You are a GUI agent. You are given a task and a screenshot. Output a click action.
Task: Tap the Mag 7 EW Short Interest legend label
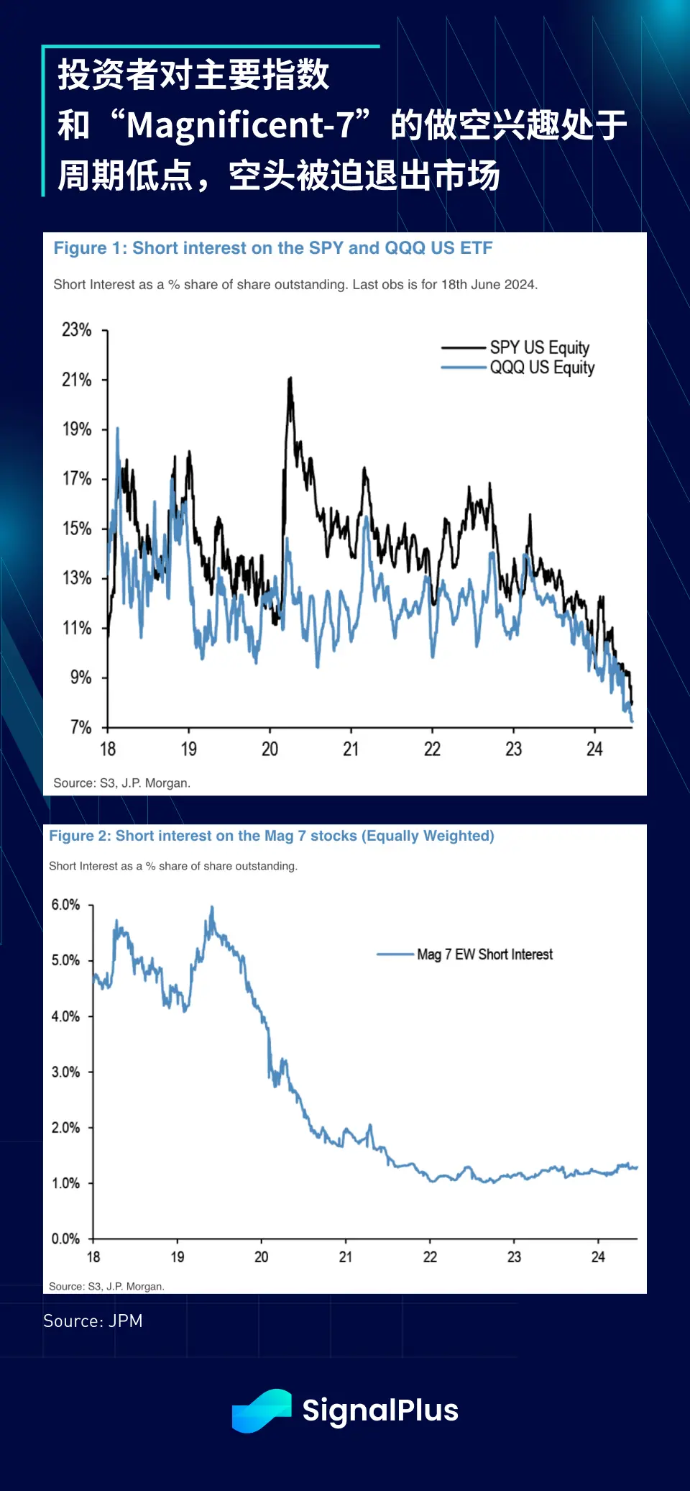coord(484,954)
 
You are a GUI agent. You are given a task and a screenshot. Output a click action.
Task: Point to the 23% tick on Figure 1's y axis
coord(77,330)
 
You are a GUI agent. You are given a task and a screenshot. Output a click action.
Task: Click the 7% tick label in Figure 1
coord(81,727)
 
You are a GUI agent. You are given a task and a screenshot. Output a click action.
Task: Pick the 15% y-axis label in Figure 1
coord(77,529)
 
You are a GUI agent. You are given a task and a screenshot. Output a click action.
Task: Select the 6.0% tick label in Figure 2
coord(65,905)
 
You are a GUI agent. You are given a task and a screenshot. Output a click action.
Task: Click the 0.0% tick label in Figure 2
coord(65,1239)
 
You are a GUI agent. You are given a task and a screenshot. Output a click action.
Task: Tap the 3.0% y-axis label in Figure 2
coord(65,1072)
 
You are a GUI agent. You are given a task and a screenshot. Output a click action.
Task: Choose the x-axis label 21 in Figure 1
coord(351,749)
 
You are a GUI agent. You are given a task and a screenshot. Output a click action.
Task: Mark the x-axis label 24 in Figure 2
coord(598,1257)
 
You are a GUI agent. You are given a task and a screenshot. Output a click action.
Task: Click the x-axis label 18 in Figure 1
coord(108,749)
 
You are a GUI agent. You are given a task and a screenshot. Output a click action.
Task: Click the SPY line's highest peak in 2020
coord(290,378)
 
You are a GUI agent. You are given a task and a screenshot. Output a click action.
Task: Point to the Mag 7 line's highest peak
coord(212,908)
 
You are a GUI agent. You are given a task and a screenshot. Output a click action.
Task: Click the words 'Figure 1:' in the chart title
coord(90,248)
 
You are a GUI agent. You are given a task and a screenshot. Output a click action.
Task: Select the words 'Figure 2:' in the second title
coord(80,836)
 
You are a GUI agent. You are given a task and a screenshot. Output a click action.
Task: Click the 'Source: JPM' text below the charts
coord(93,1321)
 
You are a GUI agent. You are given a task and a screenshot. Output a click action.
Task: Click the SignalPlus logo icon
coord(262,1410)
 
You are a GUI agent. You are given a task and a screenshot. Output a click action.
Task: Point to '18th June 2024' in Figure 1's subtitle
coord(488,285)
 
